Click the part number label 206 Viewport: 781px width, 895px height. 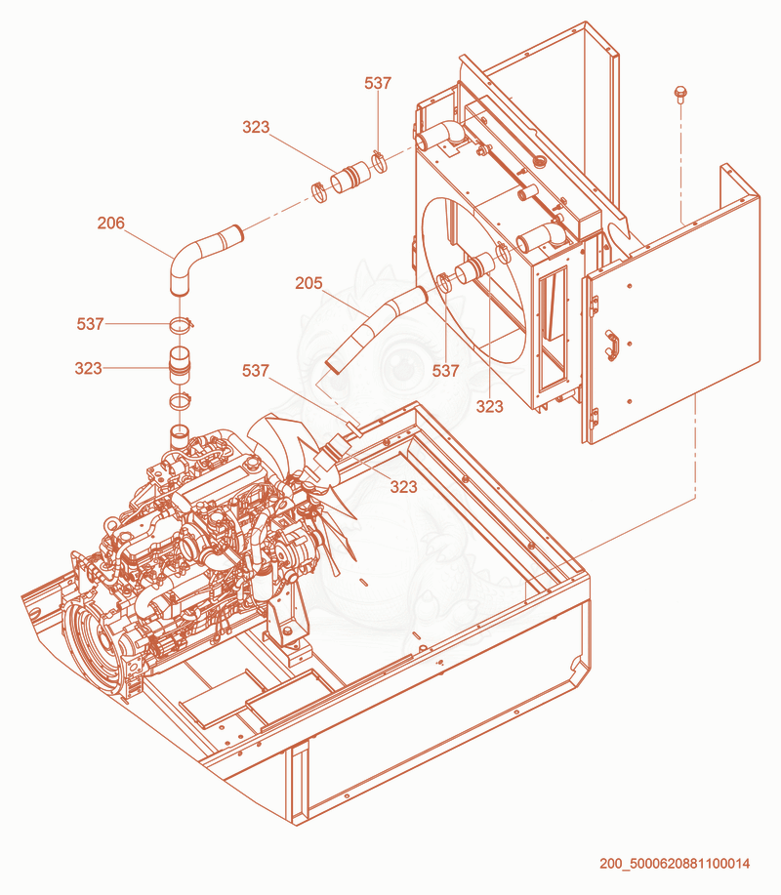[x=110, y=223]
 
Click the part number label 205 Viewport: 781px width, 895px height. [x=308, y=282]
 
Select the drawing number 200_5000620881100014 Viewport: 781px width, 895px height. [x=675, y=863]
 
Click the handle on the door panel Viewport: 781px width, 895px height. [x=612, y=345]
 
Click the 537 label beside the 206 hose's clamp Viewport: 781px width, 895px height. [x=90, y=324]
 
